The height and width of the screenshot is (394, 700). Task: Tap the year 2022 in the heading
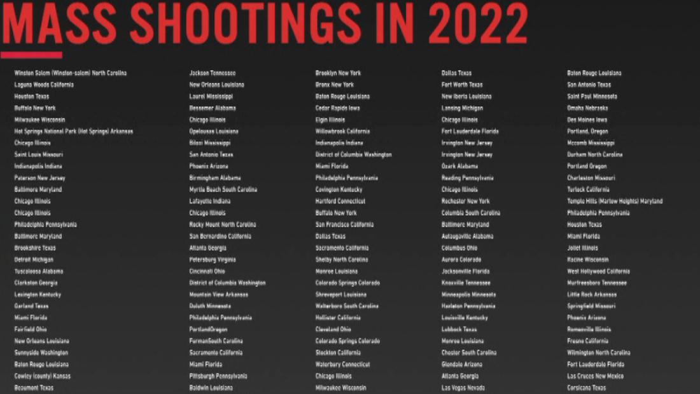[477, 24]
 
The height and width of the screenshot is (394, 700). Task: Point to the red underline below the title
[32, 55]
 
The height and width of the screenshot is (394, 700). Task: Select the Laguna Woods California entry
[44, 85]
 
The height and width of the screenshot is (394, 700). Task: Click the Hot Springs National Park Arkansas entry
[74, 132]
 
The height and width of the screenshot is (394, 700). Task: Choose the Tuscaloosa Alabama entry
[39, 271]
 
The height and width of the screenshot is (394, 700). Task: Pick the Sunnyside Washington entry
[41, 353]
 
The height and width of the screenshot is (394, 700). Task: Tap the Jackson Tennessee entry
[213, 73]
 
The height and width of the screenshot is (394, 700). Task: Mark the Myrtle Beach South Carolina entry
[223, 190]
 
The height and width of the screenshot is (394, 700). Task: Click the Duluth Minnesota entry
[210, 306]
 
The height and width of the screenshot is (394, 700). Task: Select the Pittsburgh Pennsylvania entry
[218, 376]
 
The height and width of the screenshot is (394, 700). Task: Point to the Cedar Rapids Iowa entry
[337, 108]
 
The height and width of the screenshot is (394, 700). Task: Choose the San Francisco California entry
[345, 225]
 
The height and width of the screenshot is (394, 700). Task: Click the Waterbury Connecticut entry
[342, 365]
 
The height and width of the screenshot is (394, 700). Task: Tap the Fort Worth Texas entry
[463, 85]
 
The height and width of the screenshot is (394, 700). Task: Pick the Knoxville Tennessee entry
[466, 283]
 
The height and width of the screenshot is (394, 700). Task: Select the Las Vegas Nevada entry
[463, 388]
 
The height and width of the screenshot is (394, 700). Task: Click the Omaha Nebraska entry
[587, 108]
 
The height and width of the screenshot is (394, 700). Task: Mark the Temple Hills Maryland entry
[615, 201]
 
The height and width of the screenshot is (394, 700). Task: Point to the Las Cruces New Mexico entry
[596, 376]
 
